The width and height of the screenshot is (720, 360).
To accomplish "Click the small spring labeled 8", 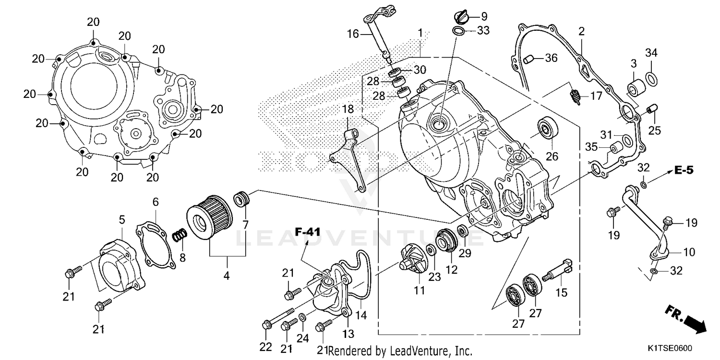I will pyautogui.click(x=180, y=235).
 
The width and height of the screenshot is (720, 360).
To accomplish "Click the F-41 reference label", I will pyautogui.click(x=307, y=232).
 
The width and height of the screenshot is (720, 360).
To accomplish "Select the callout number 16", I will pyautogui.click(x=353, y=34).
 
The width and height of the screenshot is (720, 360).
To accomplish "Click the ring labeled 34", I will pyautogui.click(x=651, y=77).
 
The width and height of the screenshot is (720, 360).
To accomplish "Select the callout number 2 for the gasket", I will pyautogui.click(x=581, y=32).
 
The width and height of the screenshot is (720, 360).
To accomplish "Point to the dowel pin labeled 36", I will pyautogui.click(x=528, y=59).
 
